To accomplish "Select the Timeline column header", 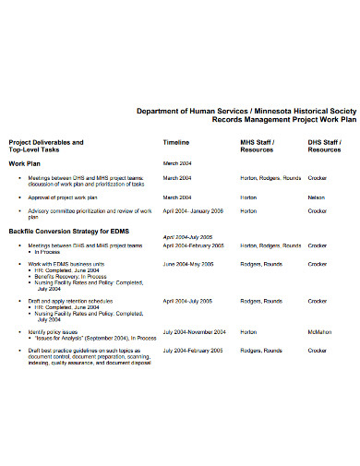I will (x=176, y=143).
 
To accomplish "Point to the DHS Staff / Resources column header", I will (x=325, y=147).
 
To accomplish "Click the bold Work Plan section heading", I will (x=27, y=162).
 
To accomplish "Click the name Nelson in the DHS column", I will (x=318, y=197).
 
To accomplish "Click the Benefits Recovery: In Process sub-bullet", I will (x=72, y=277).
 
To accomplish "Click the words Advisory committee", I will (x=54, y=210).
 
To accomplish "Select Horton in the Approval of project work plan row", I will (x=248, y=197).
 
